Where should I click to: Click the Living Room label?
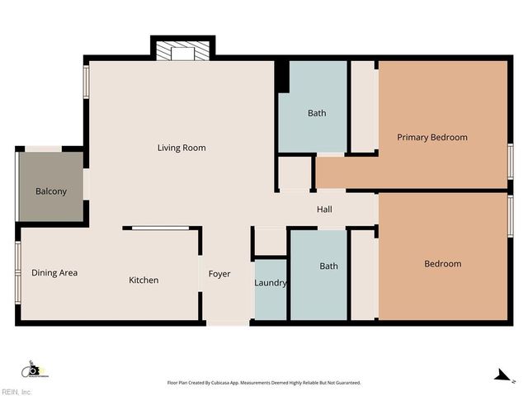tap(181, 148)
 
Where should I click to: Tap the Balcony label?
tap(50, 191)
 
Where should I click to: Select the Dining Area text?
tap(54, 272)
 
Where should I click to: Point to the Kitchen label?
tap(144, 280)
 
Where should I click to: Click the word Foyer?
tap(219, 274)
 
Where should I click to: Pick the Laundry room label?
tap(271, 283)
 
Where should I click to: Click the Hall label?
tap(324, 210)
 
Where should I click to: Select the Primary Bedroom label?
tap(432, 137)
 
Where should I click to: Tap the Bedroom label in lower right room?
tap(443, 264)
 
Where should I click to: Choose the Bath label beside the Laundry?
tap(328, 266)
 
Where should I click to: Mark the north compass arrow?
tap(500, 375)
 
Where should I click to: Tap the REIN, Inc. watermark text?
tap(16, 392)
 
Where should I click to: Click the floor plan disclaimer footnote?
tap(264, 383)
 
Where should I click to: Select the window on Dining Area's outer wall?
tap(17, 272)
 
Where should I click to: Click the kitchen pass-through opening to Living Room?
tap(161, 228)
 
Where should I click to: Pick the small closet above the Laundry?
tap(270, 242)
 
